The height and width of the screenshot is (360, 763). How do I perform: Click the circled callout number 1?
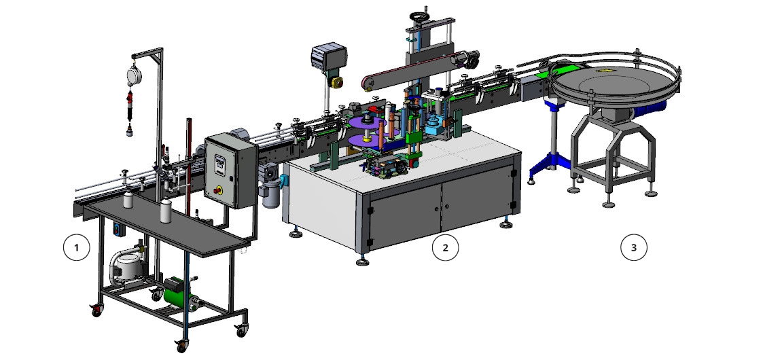[76, 248]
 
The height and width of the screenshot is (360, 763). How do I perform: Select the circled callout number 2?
[445, 248]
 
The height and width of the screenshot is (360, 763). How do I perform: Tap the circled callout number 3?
[633, 248]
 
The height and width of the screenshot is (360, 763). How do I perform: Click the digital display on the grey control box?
[220, 161]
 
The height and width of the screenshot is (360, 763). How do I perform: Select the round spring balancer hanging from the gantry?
[134, 75]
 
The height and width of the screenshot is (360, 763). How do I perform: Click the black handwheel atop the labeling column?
[417, 16]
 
